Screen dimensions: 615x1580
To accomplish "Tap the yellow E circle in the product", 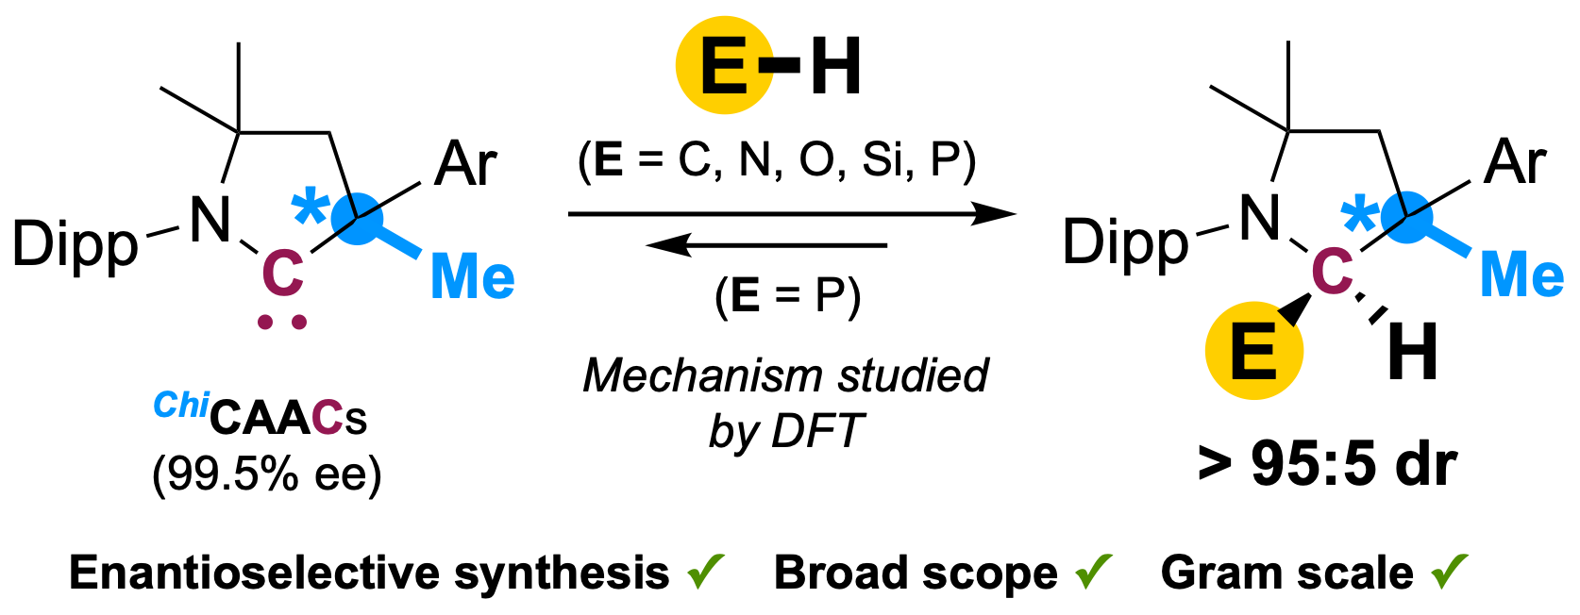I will pyautogui.click(x=1254, y=351).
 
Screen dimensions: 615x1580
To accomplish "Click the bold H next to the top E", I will pyautogui.click(x=835, y=68).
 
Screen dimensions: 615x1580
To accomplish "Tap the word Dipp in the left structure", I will pyautogui.click(x=76, y=245).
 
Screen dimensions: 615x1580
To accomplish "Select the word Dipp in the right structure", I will pyautogui.click(x=1125, y=243).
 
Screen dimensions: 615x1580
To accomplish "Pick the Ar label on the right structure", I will pyautogui.click(x=1515, y=162).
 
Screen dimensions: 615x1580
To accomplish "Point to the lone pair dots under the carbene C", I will pyautogui.click(x=282, y=323).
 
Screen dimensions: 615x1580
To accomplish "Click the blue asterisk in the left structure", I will pyautogui.click(x=309, y=208).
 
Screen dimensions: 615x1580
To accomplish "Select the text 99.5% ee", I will pyautogui.click(x=267, y=474).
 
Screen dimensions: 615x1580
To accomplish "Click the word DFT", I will pyautogui.click(x=817, y=432).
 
